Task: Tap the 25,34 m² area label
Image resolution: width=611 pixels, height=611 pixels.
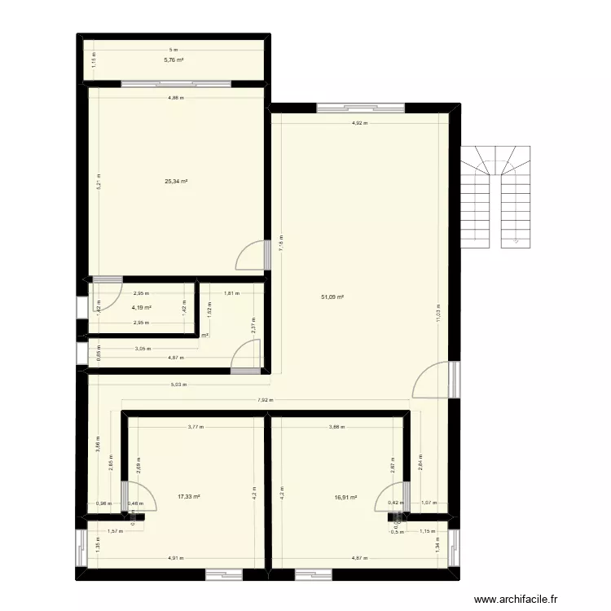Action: [176, 182]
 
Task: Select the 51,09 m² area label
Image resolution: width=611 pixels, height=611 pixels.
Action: [332, 297]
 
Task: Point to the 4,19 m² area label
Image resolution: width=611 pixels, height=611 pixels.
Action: [142, 308]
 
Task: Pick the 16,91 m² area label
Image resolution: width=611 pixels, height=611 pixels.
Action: [346, 496]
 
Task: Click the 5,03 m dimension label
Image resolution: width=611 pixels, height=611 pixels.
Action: [179, 385]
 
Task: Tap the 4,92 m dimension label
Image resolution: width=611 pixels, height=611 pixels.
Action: [359, 124]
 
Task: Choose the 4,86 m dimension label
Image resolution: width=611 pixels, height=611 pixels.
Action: [176, 98]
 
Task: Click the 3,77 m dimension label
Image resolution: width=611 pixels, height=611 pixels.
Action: [196, 427]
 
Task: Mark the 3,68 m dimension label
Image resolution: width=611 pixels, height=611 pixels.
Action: [336, 427]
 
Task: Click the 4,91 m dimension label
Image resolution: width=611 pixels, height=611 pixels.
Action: [175, 558]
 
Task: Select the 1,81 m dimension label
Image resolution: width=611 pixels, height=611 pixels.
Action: [231, 293]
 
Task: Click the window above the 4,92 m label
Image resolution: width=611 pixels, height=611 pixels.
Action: [360, 107]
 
